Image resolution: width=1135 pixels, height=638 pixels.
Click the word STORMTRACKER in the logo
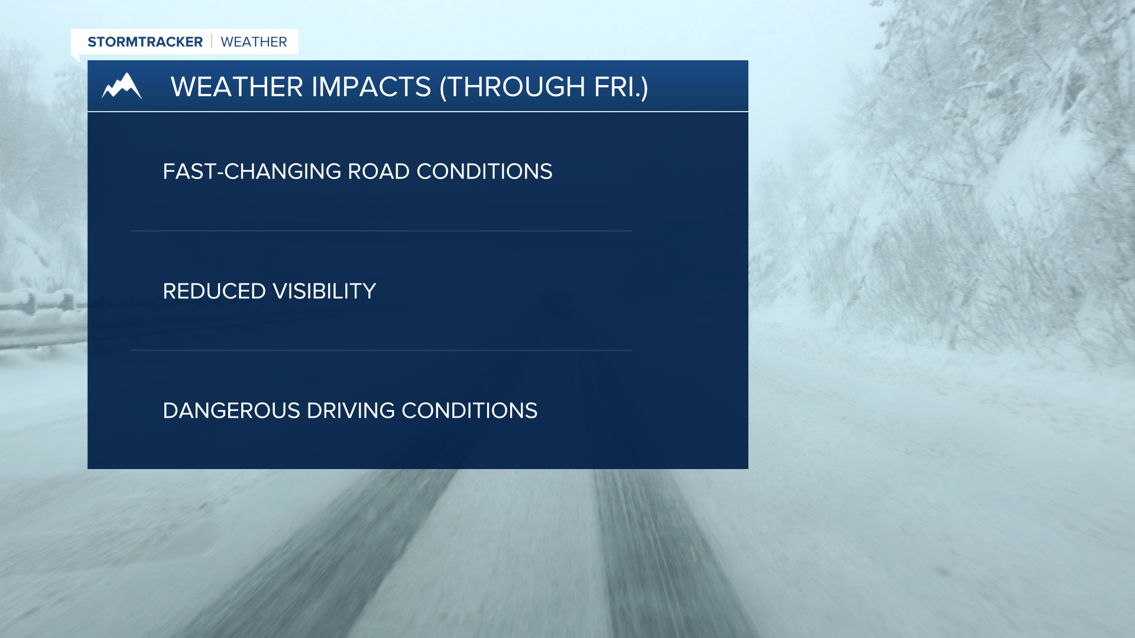(145, 42)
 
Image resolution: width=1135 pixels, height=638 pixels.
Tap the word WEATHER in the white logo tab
(254, 42)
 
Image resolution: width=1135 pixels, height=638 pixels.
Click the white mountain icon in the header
(122, 86)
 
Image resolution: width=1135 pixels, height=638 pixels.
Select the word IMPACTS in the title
(371, 87)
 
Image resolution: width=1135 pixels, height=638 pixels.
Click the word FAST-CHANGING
(252, 171)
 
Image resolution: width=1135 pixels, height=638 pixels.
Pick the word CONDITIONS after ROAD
(485, 171)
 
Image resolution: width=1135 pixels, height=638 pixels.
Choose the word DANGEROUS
(232, 411)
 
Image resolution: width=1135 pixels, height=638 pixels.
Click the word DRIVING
(351, 411)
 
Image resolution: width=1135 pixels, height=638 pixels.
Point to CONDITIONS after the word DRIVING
(469, 411)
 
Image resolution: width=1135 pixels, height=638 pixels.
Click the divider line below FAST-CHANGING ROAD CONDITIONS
(381, 230)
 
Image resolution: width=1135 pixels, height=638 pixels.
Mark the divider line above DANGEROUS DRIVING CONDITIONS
(381, 350)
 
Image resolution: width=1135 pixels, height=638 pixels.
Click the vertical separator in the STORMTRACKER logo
(212, 41)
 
